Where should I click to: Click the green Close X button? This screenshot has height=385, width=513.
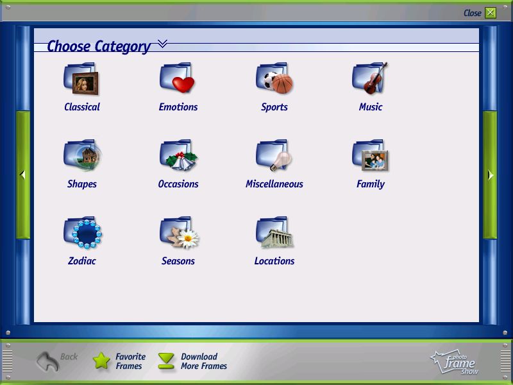[490, 13]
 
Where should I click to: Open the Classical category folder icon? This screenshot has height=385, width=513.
[81, 78]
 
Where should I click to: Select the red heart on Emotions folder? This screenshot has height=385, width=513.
[183, 84]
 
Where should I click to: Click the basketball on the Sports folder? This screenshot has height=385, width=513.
[282, 83]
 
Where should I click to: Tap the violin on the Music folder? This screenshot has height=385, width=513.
[375, 78]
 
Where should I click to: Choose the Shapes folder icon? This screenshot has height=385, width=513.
[83, 155]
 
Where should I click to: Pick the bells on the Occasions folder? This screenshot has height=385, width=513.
[181, 161]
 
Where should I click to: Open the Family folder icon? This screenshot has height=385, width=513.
[370, 155]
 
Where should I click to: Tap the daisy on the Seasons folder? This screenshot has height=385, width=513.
[188, 239]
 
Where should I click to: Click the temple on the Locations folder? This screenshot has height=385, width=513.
[277, 238]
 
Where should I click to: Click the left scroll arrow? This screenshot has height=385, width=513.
[22, 175]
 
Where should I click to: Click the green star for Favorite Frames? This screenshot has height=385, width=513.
[101, 361]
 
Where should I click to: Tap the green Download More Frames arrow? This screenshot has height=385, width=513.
[166, 361]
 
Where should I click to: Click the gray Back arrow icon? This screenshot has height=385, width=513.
[47, 361]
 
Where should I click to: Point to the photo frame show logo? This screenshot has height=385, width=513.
[454, 362]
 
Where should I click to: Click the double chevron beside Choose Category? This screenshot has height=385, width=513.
[162, 43]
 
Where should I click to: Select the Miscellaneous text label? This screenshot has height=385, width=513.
[274, 184]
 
